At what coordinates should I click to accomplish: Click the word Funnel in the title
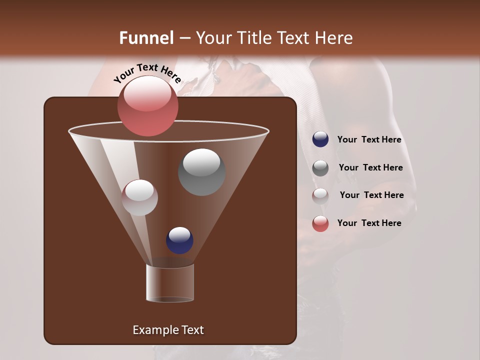pyautogui.click(x=146, y=38)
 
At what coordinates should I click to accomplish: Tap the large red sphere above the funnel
pyautogui.click(x=148, y=105)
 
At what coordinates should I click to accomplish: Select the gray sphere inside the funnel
pyautogui.click(x=201, y=172)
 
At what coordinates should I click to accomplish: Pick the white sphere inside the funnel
pyautogui.click(x=139, y=197)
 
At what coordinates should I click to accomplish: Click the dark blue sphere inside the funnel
pyautogui.click(x=180, y=240)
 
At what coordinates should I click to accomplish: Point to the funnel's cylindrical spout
pyautogui.click(x=170, y=283)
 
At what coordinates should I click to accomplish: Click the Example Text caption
pyautogui.click(x=168, y=330)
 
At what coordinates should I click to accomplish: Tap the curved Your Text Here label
pyautogui.click(x=147, y=73)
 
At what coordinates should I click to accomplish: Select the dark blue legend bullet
pyautogui.click(x=320, y=139)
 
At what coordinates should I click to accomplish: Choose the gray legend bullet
pyautogui.click(x=320, y=168)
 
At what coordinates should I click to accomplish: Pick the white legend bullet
pyautogui.click(x=320, y=195)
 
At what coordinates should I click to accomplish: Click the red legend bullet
pyautogui.click(x=320, y=223)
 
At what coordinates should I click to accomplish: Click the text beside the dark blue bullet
pyautogui.click(x=369, y=139)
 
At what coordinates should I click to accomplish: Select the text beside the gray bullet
pyautogui.click(x=370, y=167)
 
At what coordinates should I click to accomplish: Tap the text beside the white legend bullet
pyautogui.click(x=371, y=195)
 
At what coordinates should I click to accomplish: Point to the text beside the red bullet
pyautogui.click(x=369, y=223)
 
